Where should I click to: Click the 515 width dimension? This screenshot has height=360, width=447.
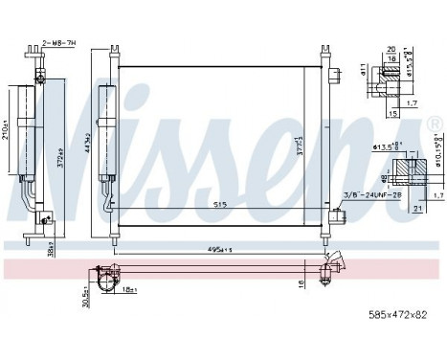[x=221, y=205]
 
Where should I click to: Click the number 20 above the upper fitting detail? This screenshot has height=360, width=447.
[x=391, y=47]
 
